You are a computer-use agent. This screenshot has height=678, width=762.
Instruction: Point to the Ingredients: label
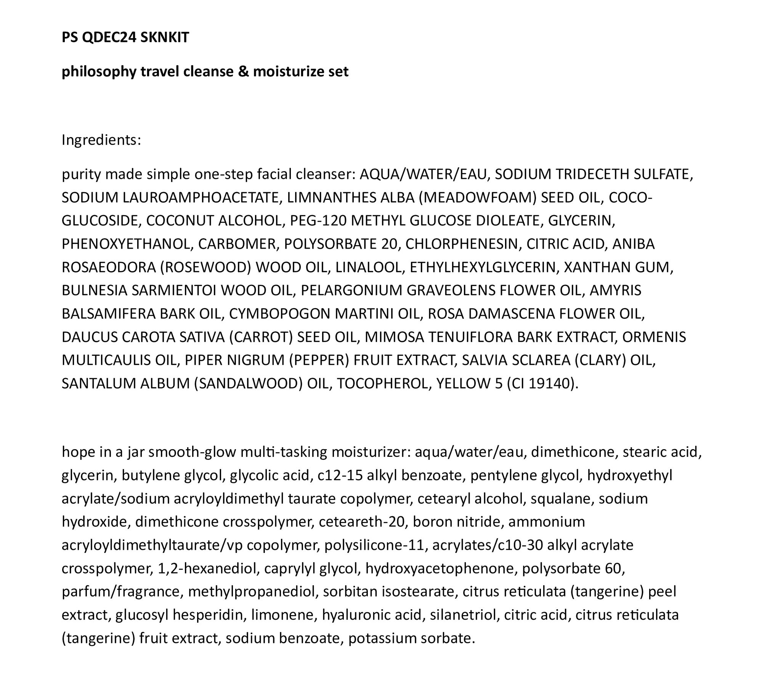(x=101, y=140)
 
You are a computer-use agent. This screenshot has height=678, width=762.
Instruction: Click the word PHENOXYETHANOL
(x=126, y=244)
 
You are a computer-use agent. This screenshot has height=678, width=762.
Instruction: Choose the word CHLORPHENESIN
(x=463, y=244)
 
